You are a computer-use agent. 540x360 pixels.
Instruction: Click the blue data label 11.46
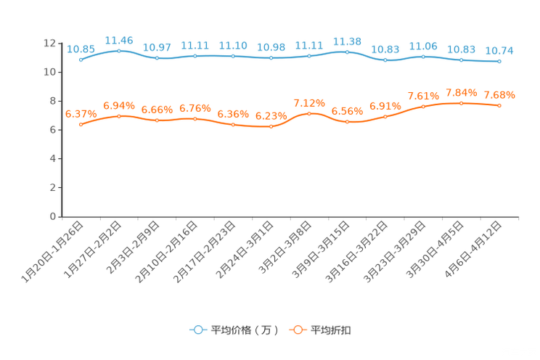[x=119, y=39]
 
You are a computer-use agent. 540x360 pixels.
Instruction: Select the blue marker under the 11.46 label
[x=119, y=52]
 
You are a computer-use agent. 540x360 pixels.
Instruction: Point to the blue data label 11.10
[x=233, y=45]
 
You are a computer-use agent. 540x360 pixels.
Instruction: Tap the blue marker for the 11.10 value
[x=233, y=56]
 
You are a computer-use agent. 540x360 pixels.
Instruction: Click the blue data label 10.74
[x=499, y=50]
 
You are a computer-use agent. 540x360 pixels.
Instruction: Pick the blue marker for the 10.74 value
[x=499, y=62]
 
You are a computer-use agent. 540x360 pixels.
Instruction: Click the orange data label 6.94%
[x=119, y=105]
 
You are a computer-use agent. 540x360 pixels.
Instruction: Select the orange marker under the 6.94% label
[x=119, y=115]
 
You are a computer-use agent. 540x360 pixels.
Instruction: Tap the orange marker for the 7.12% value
[x=309, y=113]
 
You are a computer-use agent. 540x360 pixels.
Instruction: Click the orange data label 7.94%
[x=461, y=93]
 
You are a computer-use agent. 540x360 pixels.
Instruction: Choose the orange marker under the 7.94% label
[x=461, y=103]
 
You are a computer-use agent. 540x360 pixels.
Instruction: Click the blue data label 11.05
[x=423, y=46]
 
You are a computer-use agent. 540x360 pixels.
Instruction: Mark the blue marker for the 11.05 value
[x=423, y=56]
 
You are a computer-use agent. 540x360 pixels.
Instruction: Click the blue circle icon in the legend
[x=197, y=330]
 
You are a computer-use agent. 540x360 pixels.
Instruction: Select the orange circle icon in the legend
[x=297, y=330]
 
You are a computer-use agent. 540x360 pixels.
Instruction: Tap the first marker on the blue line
[x=81, y=60]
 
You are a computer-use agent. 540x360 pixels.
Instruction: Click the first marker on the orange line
[x=81, y=125]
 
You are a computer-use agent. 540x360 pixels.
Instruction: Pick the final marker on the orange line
[x=499, y=106]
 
